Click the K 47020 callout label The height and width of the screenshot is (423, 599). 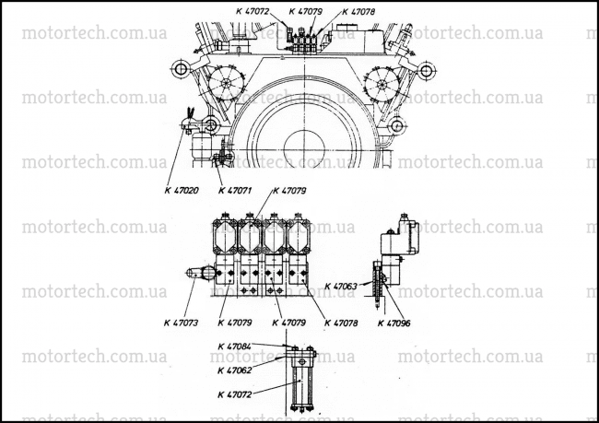tap(182, 190)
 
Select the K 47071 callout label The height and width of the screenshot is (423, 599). tap(235, 190)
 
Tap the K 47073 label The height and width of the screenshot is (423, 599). tap(181, 323)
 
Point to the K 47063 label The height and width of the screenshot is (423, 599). tap(341, 287)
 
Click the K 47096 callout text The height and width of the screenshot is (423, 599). tap(394, 323)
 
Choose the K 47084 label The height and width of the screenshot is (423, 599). tap(235, 347)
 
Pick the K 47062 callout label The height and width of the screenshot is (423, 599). tap(235, 370)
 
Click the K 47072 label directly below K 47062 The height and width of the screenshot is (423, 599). tap(235, 394)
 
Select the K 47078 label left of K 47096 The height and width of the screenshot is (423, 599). tap(341, 323)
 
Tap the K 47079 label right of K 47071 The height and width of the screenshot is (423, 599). tap(289, 190)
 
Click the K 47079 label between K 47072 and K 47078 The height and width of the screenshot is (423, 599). tap(305, 11)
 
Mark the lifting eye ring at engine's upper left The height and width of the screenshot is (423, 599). tap(180, 69)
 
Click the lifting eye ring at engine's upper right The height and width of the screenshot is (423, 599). tap(427, 70)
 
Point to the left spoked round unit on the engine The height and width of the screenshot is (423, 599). tap(227, 83)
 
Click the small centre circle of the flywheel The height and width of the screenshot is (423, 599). tap(304, 148)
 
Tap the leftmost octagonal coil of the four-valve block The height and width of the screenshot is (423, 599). tap(225, 237)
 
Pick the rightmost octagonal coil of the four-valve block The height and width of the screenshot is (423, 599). tap(299, 237)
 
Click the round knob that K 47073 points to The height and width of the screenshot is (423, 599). tap(208, 273)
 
